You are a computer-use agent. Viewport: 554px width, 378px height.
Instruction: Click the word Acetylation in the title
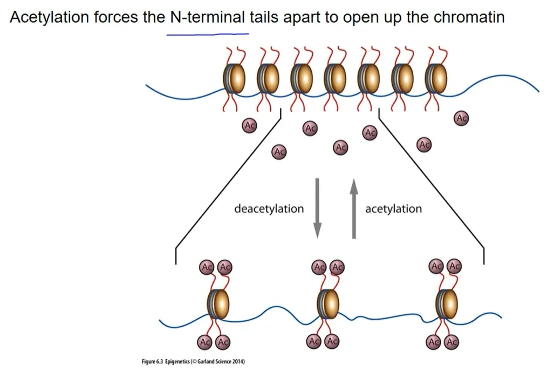[x=49, y=17]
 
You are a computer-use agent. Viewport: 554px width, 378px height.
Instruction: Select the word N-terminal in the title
[x=207, y=17]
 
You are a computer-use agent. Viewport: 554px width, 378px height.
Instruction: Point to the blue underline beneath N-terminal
[x=208, y=35]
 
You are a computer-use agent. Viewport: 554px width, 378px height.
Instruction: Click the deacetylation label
[x=269, y=208]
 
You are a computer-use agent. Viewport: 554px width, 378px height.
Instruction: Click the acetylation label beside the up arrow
[x=394, y=208]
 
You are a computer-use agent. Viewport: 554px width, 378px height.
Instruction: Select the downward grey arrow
[x=317, y=208]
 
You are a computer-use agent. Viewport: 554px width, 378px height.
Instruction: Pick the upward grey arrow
[x=354, y=208]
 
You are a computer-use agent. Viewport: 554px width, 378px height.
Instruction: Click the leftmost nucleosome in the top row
[x=234, y=78]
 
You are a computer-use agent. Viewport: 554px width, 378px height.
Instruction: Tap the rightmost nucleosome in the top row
[x=436, y=78]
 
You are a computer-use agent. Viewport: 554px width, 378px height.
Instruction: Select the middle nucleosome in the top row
[x=335, y=78]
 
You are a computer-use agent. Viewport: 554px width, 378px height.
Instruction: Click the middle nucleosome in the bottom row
[x=328, y=304]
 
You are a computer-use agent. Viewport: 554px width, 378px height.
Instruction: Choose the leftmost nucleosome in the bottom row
[x=218, y=304]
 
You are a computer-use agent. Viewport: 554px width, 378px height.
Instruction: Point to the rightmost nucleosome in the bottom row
[x=447, y=304]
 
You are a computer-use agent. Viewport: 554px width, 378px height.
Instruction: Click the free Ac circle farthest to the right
[x=461, y=118]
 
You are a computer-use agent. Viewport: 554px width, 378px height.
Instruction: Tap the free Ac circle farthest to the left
[x=249, y=125]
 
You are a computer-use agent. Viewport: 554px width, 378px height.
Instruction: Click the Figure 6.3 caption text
[x=193, y=361]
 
